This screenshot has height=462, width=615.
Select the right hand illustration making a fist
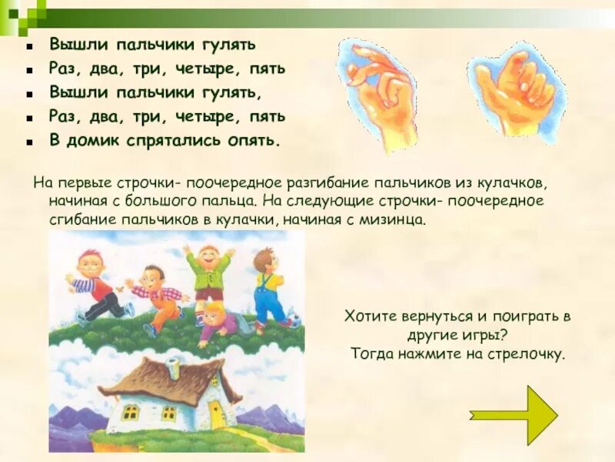click(x=514, y=91)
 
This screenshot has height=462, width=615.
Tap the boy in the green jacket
click(x=208, y=273)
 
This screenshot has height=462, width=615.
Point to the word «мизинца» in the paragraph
click(x=394, y=219)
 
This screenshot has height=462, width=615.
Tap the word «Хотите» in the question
click(x=371, y=316)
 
